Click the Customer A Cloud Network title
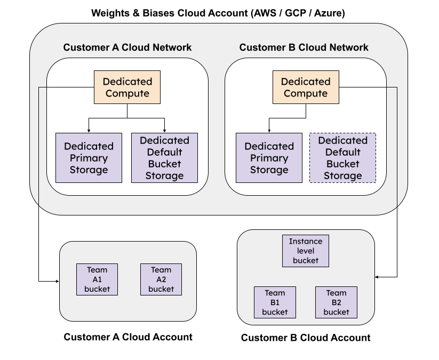pyautogui.click(x=127, y=47)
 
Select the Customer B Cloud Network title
pyautogui.click(x=304, y=47)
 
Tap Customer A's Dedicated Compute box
pyautogui.click(x=127, y=87)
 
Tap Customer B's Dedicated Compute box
pyautogui.click(x=306, y=87)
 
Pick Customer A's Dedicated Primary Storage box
pyautogui.click(x=89, y=158)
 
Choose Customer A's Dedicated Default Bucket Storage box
pyautogui.click(x=164, y=158)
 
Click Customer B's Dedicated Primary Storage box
pyautogui.click(x=269, y=158)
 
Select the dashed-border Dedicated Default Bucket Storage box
pyautogui.click(x=342, y=158)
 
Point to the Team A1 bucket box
pyautogui.click(x=97, y=279)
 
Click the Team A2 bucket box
pyautogui.click(x=161, y=279)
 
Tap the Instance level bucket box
pyautogui.click(x=306, y=251)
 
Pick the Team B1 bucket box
pyautogui.click(x=275, y=302)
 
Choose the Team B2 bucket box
pyautogui.click(x=336, y=302)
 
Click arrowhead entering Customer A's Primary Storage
pyautogui.click(x=89, y=131)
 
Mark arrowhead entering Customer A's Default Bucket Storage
pyautogui.click(x=164, y=131)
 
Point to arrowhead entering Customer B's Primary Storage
pyautogui.click(x=269, y=131)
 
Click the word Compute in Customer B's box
pyautogui.click(x=306, y=93)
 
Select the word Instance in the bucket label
pyautogui.click(x=306, y=242)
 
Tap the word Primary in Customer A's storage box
pyautogui.click(x=89, y=158)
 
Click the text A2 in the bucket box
pyautogui.click(x=161, y=279)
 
